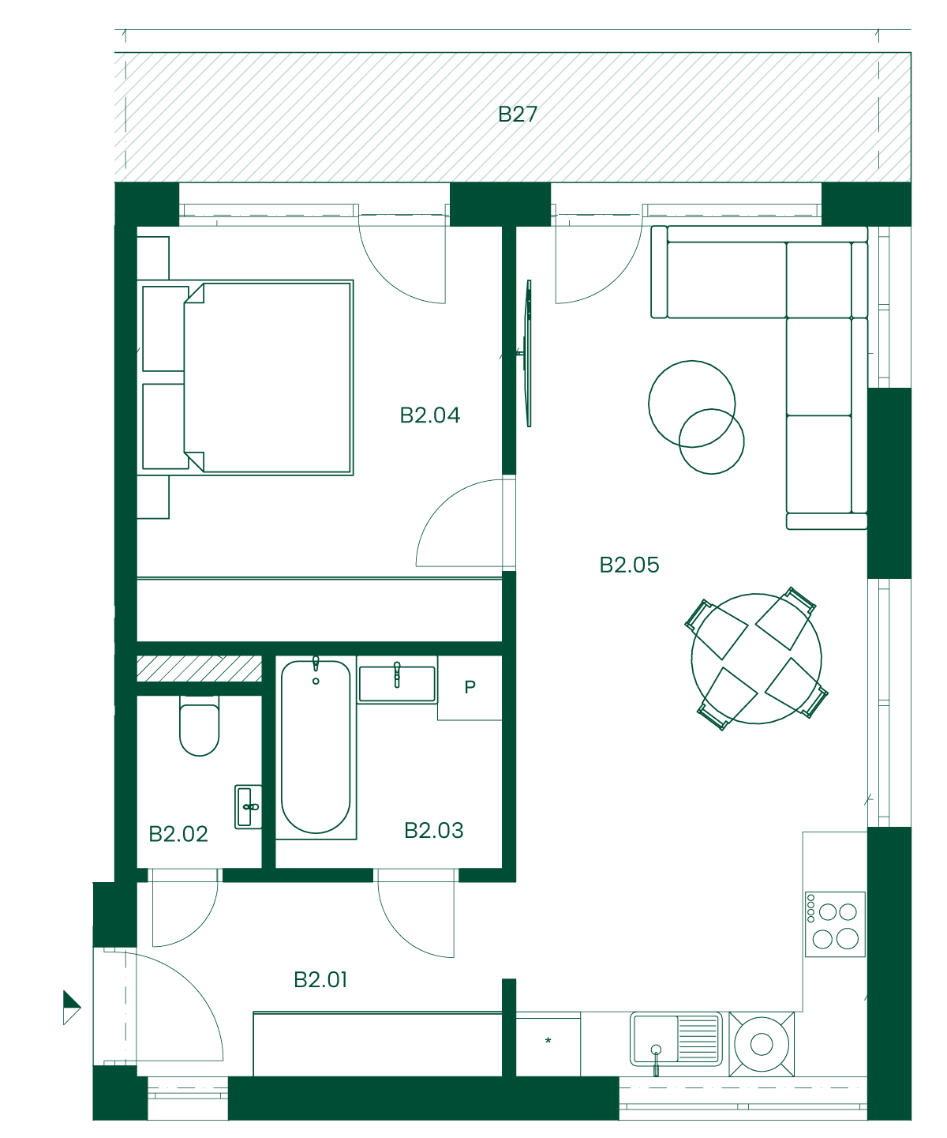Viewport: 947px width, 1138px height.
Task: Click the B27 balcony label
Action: point(517,114)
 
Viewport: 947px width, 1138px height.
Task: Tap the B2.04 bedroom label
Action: point(429,415)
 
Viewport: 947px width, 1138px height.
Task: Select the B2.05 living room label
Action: point(629,565)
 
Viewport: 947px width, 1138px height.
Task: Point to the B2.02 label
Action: point(178,834)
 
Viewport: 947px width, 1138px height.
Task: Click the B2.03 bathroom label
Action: point(433,830)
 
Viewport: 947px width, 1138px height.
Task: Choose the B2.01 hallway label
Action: point(320,979)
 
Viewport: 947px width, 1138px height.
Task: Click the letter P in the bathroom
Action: point(470,687)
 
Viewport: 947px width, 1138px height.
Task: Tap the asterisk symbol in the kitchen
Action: point(548,1040)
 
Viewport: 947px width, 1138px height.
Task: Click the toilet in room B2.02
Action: point(200,726)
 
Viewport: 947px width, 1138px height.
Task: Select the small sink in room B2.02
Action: point(249,806)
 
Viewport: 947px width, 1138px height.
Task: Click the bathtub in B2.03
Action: point(316,746)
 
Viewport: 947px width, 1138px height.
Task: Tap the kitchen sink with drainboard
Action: point(676,1038)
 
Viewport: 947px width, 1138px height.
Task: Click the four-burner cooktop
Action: point(835,924)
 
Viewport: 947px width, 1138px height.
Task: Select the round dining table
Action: point(756,659)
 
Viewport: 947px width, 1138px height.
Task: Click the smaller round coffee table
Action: point(711,441)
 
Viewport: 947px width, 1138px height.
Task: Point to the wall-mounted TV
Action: point(527,353)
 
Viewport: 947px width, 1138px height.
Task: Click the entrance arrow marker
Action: point(71,1007)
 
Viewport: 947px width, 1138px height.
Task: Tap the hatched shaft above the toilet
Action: point(200,668)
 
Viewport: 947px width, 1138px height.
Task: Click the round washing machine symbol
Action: point(762,1044)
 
